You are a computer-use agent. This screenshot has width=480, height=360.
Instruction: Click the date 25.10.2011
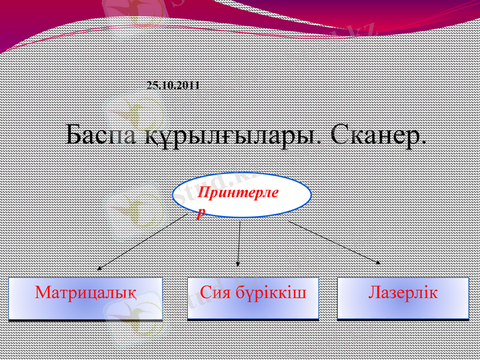tap(173, 85)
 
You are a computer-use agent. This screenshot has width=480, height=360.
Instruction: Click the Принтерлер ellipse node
tap(242, 196)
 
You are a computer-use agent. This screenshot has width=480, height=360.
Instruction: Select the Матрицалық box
tap(86, 298)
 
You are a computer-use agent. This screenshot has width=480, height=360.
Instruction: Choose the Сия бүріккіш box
tap(253, 298)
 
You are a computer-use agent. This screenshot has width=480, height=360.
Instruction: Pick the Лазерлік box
tap(403, 298)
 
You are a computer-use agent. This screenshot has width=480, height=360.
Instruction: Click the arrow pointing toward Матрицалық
tap(142, 243)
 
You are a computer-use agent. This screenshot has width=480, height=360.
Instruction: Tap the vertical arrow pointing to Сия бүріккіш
tap(239, 243)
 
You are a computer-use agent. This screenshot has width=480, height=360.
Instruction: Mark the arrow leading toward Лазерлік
tap(334, 242)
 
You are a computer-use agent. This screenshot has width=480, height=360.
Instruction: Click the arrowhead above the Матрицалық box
tap(100, 268)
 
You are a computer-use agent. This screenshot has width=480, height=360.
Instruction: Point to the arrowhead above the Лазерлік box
tap(377, 262)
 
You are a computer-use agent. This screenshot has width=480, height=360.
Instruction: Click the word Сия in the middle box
tap(214, 293)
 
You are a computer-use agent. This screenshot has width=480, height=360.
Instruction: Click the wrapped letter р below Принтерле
tap(201, 212)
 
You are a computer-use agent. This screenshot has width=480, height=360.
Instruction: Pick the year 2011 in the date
tap(190, 85)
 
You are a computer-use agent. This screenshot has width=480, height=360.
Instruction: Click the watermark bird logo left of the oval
tap(135, 207)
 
